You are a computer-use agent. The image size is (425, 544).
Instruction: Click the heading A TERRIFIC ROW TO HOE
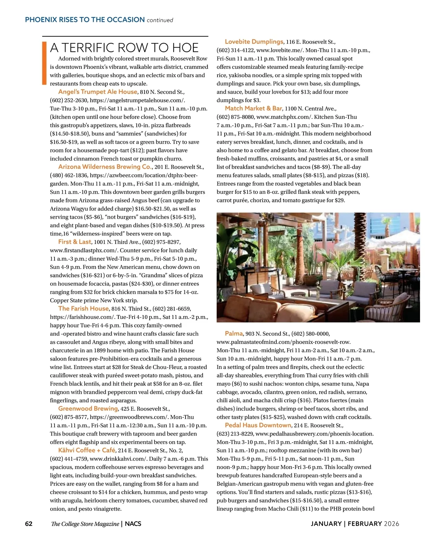coord(124,48)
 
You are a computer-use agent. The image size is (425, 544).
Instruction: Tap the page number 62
coord(29,523)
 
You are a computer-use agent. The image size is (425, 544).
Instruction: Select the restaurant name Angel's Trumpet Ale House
coord(98,92)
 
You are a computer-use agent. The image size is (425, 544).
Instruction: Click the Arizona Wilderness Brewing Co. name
coord(105,167)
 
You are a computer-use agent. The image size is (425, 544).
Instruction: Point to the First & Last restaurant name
coord(75,242)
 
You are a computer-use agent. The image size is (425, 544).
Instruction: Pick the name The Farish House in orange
coord(84,309)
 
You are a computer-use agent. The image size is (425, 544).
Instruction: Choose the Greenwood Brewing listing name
coord(88,409)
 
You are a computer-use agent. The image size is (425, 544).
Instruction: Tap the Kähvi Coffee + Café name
coord(87,450)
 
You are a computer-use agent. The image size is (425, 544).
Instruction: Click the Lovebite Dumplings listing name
coord(254,42)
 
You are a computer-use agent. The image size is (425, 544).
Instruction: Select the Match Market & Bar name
coord(254,108)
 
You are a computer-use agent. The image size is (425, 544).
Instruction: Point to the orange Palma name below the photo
coord(234,333)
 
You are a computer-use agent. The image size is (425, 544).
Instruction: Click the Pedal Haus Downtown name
coord(258,425)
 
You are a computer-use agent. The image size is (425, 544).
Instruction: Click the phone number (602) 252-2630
coord(69,100)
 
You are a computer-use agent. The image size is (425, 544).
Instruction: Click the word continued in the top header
coord(160,20)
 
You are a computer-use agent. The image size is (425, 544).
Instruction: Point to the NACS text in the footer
coord(133,524)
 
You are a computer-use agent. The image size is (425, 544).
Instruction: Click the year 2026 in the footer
coord(391,523)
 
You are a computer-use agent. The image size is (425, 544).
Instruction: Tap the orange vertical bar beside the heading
coord(44,63)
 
